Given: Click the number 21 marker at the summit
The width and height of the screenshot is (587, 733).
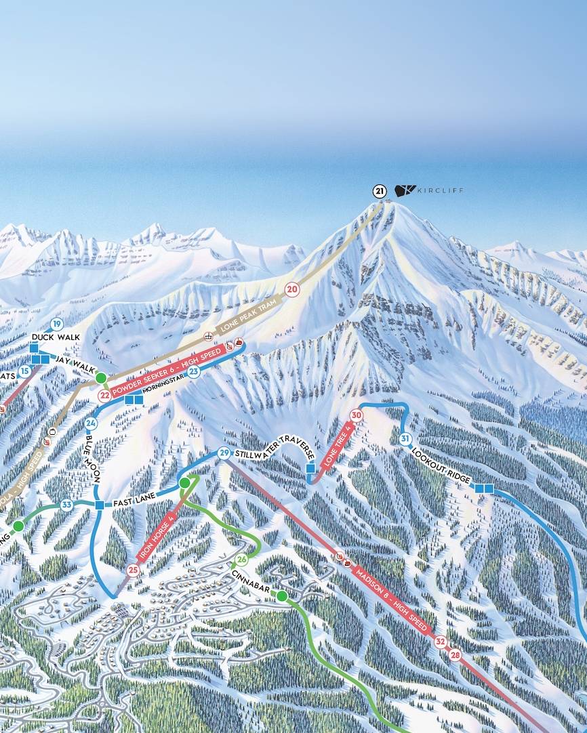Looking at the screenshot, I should coord(380,191).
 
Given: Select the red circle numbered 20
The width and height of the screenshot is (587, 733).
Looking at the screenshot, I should coord(291,289).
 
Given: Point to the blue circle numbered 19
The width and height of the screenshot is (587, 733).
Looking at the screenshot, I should coord(56,324).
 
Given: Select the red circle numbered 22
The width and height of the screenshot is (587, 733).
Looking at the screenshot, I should coord(104,396).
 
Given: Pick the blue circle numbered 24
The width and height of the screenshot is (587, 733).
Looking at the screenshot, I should coord(92,423).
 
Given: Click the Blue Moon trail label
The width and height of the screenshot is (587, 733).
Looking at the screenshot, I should coord(94,458).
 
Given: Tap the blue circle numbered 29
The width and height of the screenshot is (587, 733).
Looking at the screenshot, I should coord(224,453).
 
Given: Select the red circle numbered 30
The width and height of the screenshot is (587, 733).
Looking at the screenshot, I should coord(357,415).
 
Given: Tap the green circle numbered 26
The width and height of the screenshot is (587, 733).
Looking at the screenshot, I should coord(241,560).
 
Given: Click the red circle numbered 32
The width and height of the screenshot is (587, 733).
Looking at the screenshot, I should coord(441,641).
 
